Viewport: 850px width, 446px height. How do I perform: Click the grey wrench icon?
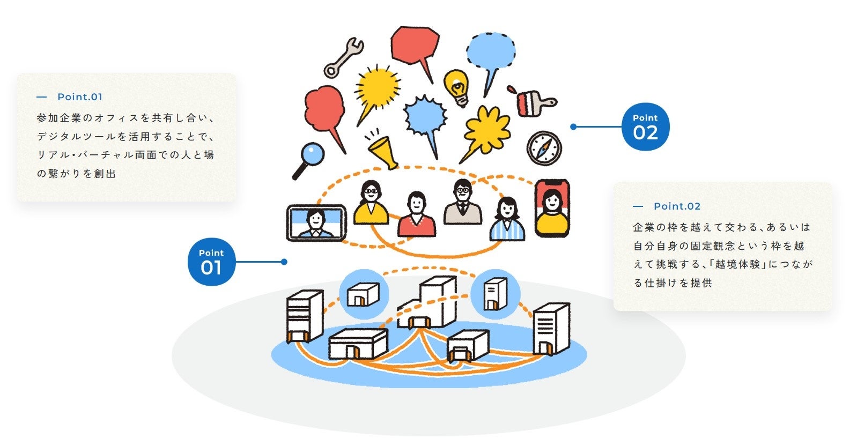(x=343, y=57)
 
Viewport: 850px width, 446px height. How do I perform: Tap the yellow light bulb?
(x=457, y=86)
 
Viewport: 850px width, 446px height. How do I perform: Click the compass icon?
(x=544, y=147)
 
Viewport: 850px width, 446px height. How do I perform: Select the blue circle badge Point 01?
(x=211, y=262)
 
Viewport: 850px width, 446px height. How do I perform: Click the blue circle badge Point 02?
(x=645, y=127)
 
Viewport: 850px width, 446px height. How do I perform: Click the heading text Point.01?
(x=80, y=97)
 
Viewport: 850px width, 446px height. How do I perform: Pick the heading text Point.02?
(x=677, y=206)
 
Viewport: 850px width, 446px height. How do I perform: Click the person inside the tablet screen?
(x=316, y=222)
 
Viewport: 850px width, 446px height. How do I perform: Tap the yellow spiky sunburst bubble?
(x=378, y=87)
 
